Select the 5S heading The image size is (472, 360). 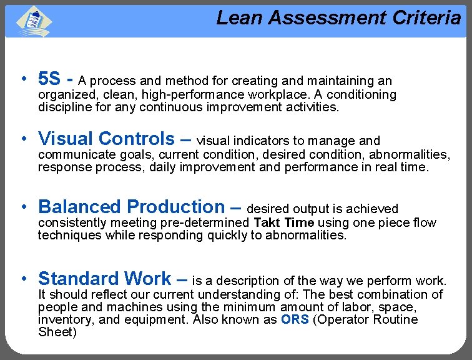(x=49, y=79)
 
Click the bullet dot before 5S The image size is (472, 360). (x=23, y=79)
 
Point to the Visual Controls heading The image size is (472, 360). (x=107, y=138)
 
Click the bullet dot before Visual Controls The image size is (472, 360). (x=23, y=137)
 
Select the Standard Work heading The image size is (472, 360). (x=104, y=278)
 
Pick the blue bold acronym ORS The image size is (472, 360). (x=295, y=319)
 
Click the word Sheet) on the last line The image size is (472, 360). (x=57, y=332)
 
